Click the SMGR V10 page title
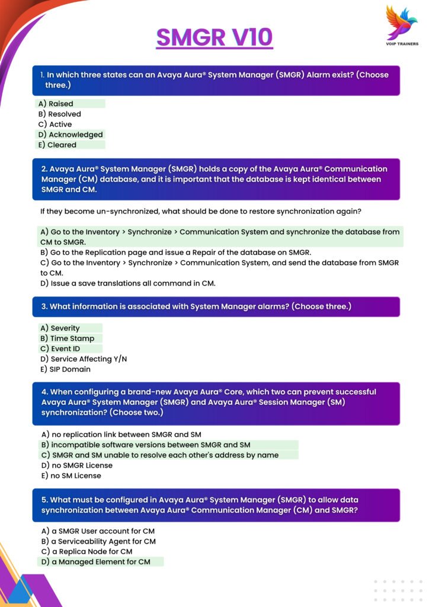click(x=214, y=37)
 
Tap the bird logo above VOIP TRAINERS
click(x=401, y=23)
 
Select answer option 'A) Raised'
click(x=56, y=104)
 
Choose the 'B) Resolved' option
click(x=59, y=114)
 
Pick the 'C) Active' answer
click(x=55, y=124)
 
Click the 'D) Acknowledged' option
click(x=70, y=135)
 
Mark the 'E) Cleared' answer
click(x=57, y=145)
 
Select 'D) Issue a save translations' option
click(x=127, y=283)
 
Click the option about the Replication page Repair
click(x=175, y=253)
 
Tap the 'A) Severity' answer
click(x=60, y=328)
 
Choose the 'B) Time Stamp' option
click(x=67, y=338)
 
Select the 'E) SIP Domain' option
click(x=65, y=369)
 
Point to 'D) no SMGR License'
click(x=76, y=465)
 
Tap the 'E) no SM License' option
click(x=71, y=475)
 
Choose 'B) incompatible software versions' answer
click(x=145, y=445)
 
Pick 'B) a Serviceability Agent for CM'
click(x=98, y=541)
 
